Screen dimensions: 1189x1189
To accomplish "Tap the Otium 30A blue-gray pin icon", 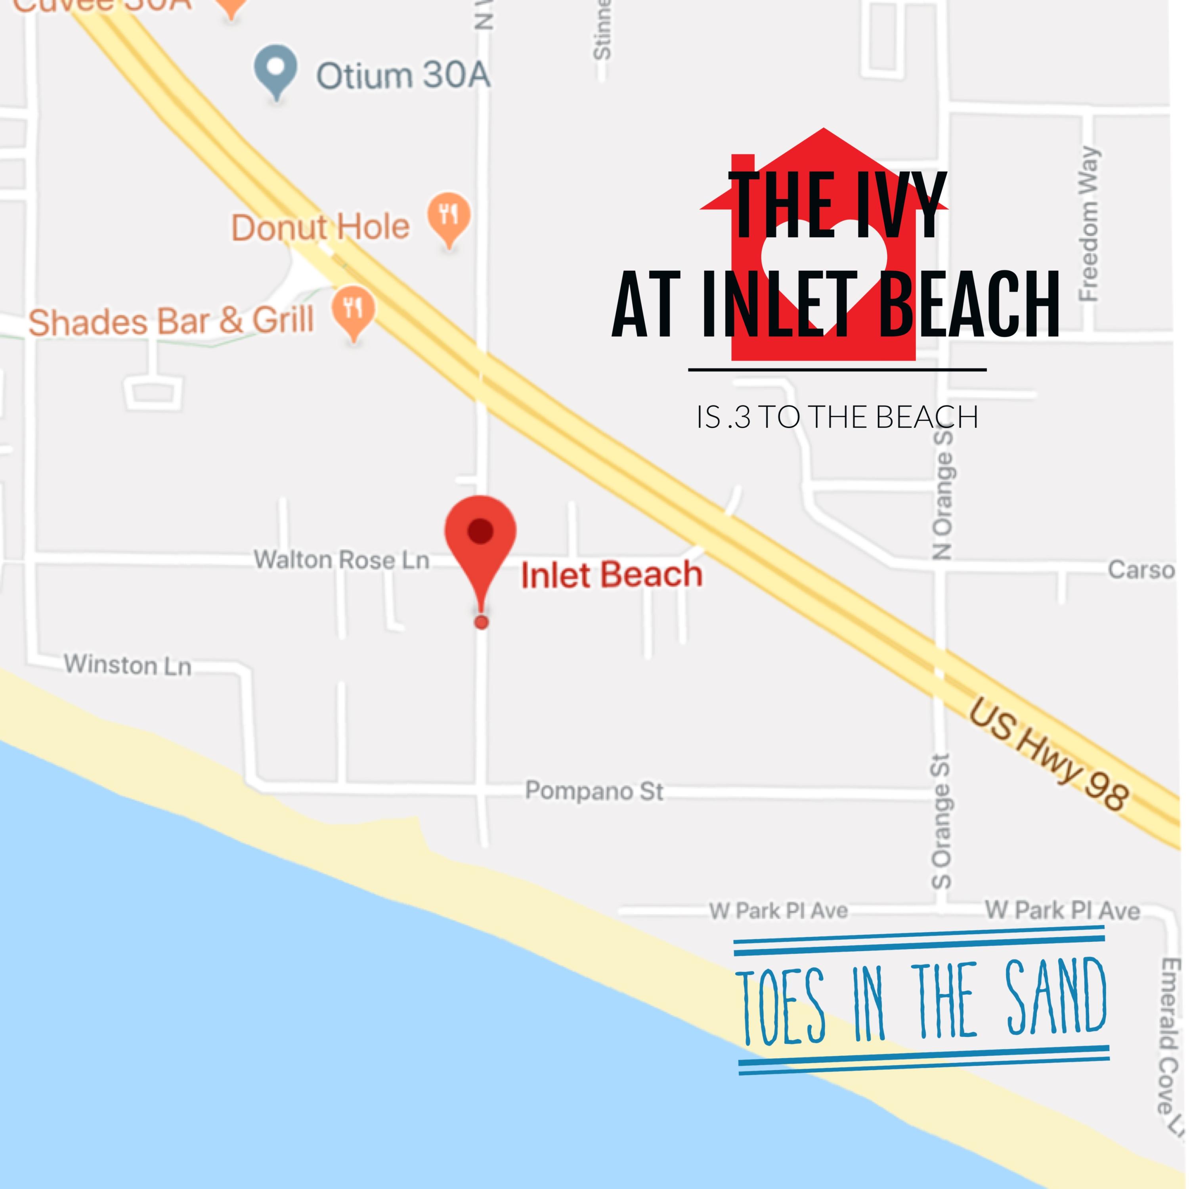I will point(276,69).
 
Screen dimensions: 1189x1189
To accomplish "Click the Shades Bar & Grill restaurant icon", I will point(353,310).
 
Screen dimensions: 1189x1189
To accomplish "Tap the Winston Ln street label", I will point(128,665).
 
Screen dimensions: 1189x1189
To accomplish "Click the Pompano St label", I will point(594,791).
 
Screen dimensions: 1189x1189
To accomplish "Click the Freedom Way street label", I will point(1089,224).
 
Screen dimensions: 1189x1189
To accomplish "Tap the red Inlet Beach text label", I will point(612,575).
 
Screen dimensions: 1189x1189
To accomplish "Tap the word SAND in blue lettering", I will point(1056,997).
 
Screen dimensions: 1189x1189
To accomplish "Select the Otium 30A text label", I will point(403,75).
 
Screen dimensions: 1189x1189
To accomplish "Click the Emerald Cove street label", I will point(1169,1040).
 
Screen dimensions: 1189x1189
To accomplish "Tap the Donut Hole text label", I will point(320,227).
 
